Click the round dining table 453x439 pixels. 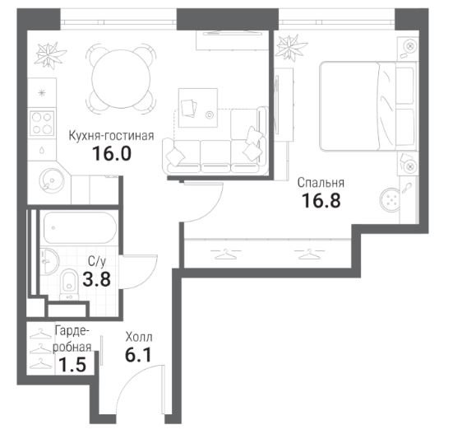(121, 78)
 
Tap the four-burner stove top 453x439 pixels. (42, 124)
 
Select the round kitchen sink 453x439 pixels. (49, 180)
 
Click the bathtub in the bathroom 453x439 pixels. (80, 228)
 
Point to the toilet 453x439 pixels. (69, 283)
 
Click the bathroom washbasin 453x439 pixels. (49, 261)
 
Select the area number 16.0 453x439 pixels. (112, 153)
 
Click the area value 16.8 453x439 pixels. (321, 200)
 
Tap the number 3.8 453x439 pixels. (96, 279)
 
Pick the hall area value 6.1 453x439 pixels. (138, 355)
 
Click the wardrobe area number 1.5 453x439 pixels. (72, 365)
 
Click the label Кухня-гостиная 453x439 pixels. (111, 135)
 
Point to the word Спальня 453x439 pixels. (321, 183)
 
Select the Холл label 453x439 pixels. (139, 337)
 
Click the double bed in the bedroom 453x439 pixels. (367, 106)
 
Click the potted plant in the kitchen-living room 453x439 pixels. (49, 55)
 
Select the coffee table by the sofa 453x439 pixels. (198, 108)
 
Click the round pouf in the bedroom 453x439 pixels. (391, 199)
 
